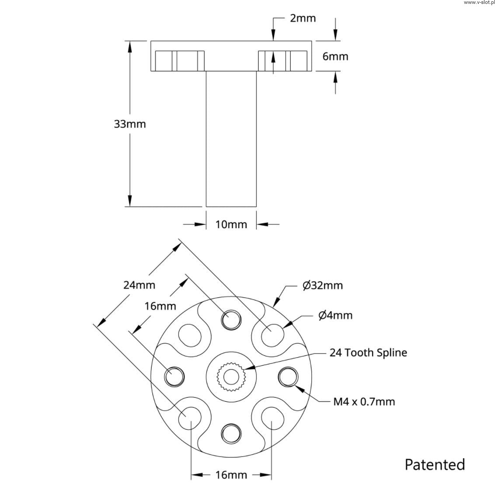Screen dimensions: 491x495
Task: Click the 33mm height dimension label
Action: click(130, 124)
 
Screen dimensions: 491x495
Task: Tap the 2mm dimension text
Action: click(303, 18)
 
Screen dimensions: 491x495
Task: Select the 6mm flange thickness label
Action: click(335, 56)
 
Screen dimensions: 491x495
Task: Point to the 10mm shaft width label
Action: click(231, 224)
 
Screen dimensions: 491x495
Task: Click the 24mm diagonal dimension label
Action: click(139, 285)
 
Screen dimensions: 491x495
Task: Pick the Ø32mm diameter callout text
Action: click(323, 286)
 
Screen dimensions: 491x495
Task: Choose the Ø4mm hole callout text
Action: click(336, 315)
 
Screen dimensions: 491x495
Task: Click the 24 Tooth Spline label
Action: click(368, 352)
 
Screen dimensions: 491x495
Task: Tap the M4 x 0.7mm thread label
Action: click(364, 401)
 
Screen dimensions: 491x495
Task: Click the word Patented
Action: click(435, 464)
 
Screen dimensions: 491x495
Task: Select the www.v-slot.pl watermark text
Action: click(478, 3)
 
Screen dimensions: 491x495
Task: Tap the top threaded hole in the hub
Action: click(230, 320)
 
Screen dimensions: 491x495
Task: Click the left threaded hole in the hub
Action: click(174, 376)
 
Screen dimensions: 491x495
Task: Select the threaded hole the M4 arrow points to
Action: click(288, 376)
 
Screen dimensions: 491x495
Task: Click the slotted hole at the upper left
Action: click(190, 335)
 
